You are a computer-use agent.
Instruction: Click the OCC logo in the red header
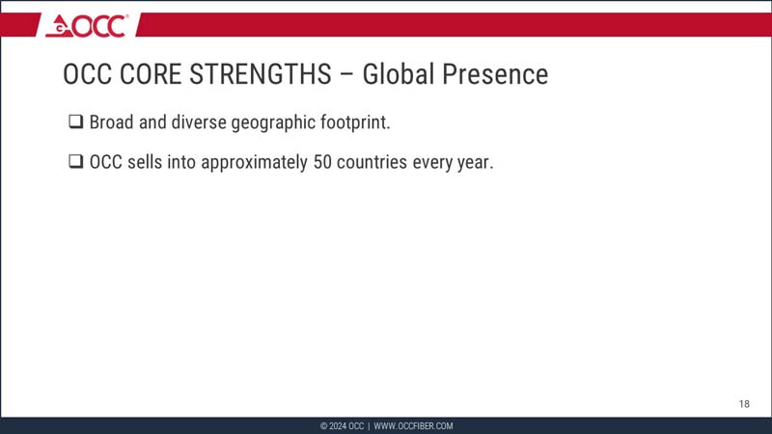pyautogui.click(x=87, y=25)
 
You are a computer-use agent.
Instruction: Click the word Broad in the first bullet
pyautogui.click(x=112, y=123)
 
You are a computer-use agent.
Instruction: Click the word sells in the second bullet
pyautogui.click(x=144, y=162)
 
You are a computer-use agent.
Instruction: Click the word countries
pyautogui.click(x=373, y=162)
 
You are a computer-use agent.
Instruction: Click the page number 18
pyautogui.click(x=744, y=403)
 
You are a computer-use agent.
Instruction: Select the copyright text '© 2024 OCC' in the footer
pyautogui.click(x=343, y=426)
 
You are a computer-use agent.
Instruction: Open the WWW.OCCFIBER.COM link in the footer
pyautogui.click(x=413, y=426)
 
